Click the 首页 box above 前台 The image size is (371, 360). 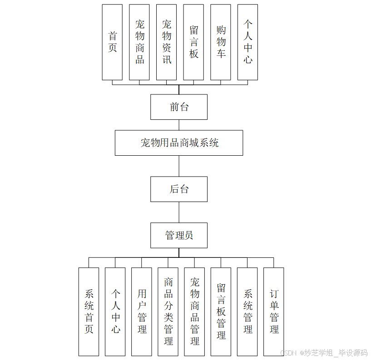click(x=112, y=42)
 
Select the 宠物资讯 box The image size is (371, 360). click(x=166, y=42)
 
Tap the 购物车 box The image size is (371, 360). click(x=221, y=42)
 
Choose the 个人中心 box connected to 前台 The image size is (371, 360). click(x=247, y=42)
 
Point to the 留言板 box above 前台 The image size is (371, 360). click(x=193, y=42)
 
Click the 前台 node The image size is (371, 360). click(x=179, y=107)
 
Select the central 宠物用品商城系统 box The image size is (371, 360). click(x=179, y=143)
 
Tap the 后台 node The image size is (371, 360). click(x=179, y=189)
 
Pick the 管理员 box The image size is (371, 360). click(x=179, y=235)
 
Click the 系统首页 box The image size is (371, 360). click(x=89, y=311)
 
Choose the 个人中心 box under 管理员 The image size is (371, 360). click(x=115, y=311)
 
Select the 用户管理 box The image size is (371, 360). click(x=142, y=311)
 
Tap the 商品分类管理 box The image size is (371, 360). click(x=168, y=311)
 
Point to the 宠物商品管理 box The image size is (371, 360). click(x=194, y=311)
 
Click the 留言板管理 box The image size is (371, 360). click(x=221, y=311)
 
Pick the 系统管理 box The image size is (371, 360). click(x=247, y=311)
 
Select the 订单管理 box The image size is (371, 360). click(x=274, y=311)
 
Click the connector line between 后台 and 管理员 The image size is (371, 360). click(x=179, y=212)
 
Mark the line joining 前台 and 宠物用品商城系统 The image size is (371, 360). click(x=179, y=125)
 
